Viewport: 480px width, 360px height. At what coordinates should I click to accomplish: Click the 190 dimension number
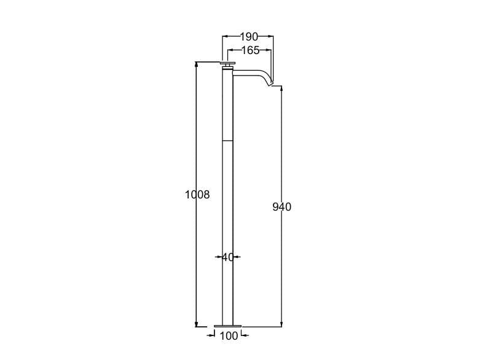(x=249, y=37)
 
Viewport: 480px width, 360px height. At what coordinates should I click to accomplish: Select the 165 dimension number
(x=250, y=50)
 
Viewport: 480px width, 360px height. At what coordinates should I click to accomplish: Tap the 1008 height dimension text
(x=197, y=195)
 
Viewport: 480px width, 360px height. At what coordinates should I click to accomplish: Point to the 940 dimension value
(x=282, y=207)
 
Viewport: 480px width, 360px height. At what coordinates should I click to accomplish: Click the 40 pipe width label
(x=227, y=257)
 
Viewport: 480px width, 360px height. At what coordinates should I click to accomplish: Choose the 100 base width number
(x=229, y=336)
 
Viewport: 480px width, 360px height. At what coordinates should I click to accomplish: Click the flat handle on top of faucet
(x=228, y=63)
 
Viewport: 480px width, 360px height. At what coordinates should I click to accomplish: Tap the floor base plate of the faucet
(x=228, y=326)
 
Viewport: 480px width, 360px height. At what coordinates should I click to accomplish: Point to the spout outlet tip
(x=271, y=84)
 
